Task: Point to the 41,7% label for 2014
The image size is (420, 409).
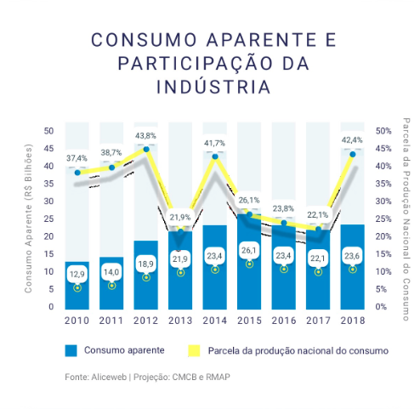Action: click(214, 143)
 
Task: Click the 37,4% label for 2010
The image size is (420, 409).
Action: click(77, 158)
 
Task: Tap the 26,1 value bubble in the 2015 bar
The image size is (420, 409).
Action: click(249, 251)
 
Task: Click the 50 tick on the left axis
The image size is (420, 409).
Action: click(48, 131)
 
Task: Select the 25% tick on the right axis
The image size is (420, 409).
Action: click(384, 219)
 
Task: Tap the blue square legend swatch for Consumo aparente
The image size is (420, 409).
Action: click(71, 350)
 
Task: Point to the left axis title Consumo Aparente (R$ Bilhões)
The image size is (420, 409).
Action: click(28, 219)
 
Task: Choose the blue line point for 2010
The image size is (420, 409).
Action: click(77, 173)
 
